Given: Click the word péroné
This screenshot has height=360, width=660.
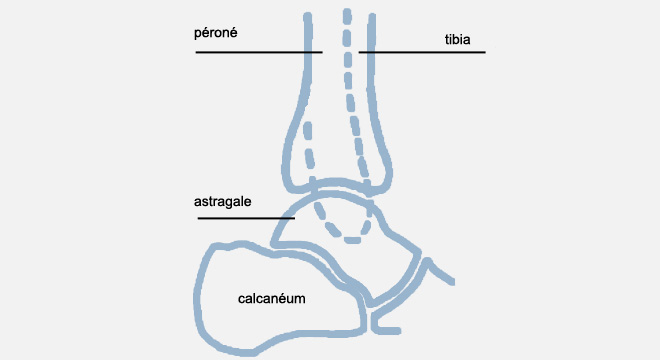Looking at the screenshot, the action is [216, 33].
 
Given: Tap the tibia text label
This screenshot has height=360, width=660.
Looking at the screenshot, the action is [458, 40].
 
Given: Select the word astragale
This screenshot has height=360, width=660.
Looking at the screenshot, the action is [223, 202].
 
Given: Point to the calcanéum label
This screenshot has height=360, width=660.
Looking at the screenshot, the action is [271, 299].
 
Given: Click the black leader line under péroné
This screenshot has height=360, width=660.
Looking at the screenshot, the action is [259, 52].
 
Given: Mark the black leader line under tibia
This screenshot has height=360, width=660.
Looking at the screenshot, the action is [422, 52].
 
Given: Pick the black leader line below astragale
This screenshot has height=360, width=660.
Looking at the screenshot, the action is [246, 218].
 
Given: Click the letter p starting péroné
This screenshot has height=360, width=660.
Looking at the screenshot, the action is [197, 34].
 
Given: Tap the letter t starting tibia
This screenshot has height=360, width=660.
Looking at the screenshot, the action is [447, 40].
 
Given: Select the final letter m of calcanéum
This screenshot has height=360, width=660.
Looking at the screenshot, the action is [301, 300].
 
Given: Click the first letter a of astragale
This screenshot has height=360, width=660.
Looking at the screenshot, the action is [197, 203].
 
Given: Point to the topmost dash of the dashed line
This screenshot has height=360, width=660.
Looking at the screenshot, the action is [347, 16].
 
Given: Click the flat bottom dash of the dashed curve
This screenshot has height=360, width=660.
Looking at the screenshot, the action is [353, 240].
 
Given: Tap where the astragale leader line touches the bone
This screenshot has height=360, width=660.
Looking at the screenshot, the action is [294, 218].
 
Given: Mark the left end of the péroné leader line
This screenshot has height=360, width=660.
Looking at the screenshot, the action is [196, 52].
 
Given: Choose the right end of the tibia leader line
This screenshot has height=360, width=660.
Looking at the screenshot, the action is [485, 52].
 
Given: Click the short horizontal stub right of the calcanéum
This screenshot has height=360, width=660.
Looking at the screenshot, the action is [386, 330].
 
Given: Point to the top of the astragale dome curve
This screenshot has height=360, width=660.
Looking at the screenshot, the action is [333, 193].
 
